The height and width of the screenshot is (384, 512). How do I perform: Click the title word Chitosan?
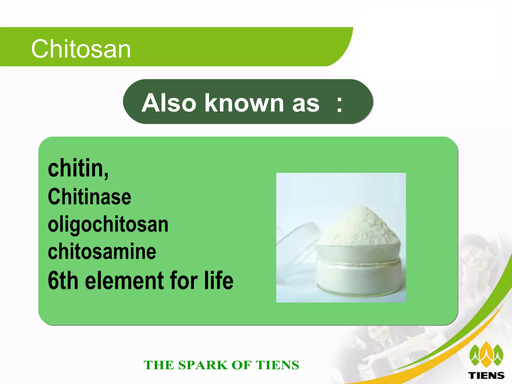point(81,49)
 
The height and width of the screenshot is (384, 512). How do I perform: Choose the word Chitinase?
point(89,197)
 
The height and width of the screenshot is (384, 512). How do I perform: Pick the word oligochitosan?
point(108,224)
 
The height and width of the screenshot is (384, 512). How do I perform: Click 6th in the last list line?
point(63,280)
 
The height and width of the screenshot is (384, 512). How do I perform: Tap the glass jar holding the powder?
point(359,270)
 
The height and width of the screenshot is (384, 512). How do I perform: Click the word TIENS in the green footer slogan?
point(277,365)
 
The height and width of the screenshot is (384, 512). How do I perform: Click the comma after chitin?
point(106,175)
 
